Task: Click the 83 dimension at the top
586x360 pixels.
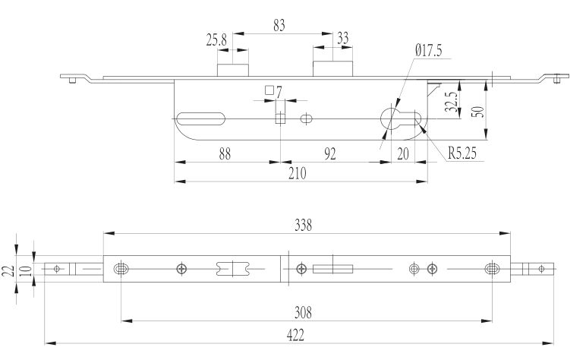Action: (x=279, y=25)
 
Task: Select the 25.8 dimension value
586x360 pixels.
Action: (x=216, y=39)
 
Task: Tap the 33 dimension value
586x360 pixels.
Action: (x=342, y=38)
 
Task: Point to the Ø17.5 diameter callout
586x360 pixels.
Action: (x=429, y=50)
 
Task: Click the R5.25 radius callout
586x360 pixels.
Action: (x=462, y=153)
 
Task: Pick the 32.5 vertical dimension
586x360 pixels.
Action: (x=451, y=102)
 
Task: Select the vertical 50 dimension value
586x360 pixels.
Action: (x=477, y=112)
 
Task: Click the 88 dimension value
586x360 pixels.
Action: (x=225, y=154)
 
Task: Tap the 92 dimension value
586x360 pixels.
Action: (x=329, y=154)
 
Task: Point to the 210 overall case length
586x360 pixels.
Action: (x=298, y=173)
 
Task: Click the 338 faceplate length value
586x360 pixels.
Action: (x=303, y=225)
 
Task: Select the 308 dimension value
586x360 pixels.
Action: (x=303, y=312)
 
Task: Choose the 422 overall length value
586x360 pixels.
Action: (x=295, y=335)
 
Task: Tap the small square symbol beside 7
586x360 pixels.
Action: (x=269, y=90)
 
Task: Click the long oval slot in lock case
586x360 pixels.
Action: (x=200, y=118)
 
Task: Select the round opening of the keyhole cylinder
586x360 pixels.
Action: (x=392, y=118)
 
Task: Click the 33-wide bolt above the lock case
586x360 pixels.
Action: (x=332, y=69)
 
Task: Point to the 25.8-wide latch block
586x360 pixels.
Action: (x=233, y=71)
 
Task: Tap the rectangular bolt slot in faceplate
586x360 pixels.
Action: (x=332, y=269)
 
